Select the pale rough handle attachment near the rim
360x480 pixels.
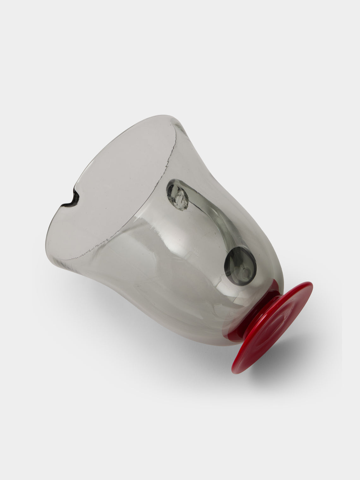(177, 198)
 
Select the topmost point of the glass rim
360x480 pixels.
(166, 115)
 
